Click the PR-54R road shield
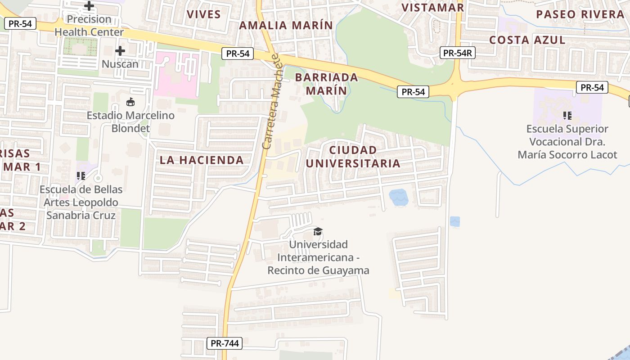pos(457,53)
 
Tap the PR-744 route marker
pos(225,343)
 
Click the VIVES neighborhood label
pos(204,14)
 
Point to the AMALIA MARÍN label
pos(286,25)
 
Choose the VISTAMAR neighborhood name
pos(432,7)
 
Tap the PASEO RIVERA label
pos(580,14)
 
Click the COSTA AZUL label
pos(527,40)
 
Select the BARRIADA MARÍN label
pos(327,84)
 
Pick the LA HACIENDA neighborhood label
pos(202,160)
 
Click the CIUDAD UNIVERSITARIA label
pos(353,156)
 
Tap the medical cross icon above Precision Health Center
pos(89,6)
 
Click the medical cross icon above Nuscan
pos(120,51)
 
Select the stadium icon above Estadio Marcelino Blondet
pos(130,102)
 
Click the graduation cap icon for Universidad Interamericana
pos(318,231)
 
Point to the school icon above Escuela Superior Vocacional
pos(567,116)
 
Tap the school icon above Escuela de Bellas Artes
pos(81,176)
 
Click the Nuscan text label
pos(120,64)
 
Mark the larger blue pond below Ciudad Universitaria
pos(398,197)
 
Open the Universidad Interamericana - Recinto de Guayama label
pos(318,257)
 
